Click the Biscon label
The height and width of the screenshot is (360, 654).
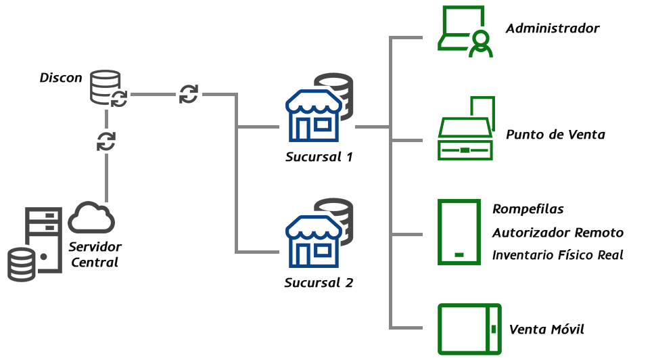coord(61,78)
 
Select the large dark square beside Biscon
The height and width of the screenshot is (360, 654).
coord(108,88)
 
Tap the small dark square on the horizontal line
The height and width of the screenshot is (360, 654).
coord(189,94)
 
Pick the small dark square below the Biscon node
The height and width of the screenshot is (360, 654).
coord(106,141)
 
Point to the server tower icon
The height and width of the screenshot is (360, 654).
coord(45,238)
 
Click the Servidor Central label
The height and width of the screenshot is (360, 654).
coord(95,253)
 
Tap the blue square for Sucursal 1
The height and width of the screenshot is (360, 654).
coord(312,116)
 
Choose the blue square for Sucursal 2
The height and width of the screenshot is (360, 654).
coord(312,242)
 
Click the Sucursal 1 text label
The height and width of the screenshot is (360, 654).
coord(319,158)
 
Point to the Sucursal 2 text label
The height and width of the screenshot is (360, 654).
coord(319,282)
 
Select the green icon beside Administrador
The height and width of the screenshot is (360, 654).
coord(465,32)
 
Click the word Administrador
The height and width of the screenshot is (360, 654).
coord(553,28)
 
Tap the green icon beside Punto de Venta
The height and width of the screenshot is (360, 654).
coord(466,128)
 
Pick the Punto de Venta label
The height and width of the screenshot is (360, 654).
coord(555,135)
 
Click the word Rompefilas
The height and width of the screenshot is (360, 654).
coord(528,209)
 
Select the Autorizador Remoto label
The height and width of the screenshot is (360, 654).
coord(558,233)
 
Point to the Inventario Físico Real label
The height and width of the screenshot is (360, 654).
coord(558,255)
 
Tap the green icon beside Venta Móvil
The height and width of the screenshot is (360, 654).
coord(469,329)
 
